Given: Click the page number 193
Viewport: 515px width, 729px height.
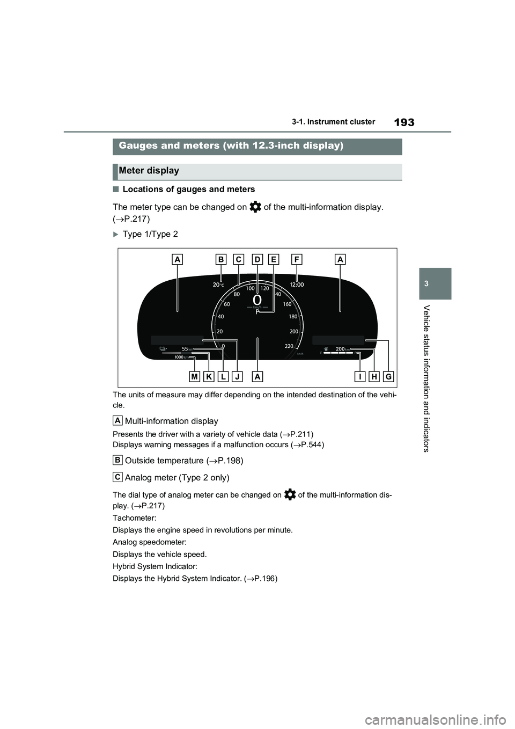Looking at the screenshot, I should pyautogui.click(x=404, y=122).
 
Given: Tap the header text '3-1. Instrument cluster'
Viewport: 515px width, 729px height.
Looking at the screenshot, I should pyautogui.click(x=333, y=122).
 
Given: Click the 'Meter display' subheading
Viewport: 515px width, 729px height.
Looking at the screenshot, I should pyautogui.click(x=149, y=171).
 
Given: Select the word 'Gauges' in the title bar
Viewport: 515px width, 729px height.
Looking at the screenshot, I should pyautogui.click(x=137, y=145).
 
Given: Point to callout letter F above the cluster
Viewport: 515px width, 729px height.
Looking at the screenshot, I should pyautogui.click(x=297, y=259).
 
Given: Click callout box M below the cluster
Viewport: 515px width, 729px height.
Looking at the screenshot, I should pyautogui.click(x=195, y=377).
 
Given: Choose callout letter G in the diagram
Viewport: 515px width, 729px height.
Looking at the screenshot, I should pyautogui.click(x=388, y=377).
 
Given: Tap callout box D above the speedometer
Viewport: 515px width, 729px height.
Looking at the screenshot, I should pyautogui.click(x=257, y=259).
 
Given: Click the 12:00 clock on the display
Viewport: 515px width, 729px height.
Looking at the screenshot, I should pyautogui.click(x=297, y=285).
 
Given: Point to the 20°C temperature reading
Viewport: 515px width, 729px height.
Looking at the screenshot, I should pyautogui.click(x=218, y=285).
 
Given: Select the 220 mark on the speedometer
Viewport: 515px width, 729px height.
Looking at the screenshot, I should pyautogui.click(x=289, y=346).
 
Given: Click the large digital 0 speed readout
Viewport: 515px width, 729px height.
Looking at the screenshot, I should pyautogui.click(x=257, y=300).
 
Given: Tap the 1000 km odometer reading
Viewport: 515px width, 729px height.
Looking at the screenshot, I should pyautogui.click(x=181, y=357).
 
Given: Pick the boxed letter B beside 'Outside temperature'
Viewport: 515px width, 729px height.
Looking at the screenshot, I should pyautogui.click(x=117, y=460).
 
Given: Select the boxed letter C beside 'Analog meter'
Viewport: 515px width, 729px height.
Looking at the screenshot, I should pyautogui.click(x=117, y=477).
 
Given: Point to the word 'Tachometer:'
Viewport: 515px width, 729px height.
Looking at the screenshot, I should pyautogui.click(x=135, y=518).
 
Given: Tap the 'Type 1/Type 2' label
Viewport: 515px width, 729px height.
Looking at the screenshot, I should pyautogui.click(x=150, y=234).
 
